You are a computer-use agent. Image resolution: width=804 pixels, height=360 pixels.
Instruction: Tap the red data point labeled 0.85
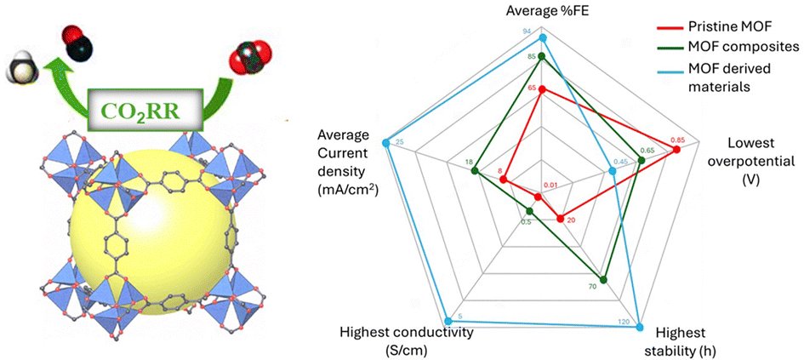click(x=677, y=151)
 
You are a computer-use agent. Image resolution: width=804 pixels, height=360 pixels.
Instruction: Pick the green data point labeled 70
click(x=602, y=279)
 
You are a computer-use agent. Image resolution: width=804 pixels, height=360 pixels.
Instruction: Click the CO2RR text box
click(x=140, y=110)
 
